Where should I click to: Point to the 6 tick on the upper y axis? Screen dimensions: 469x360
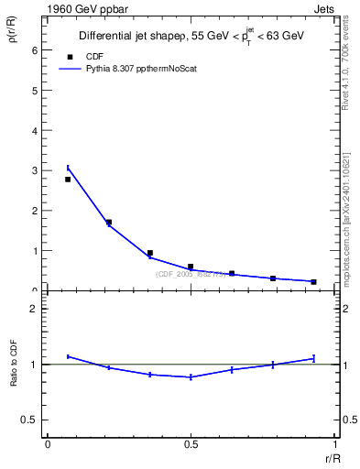coord(37,50)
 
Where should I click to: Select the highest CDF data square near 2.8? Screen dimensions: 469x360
coord(68,180)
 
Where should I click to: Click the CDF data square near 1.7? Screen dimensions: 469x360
coord(109,222)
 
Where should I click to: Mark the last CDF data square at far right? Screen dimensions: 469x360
coord(313,281)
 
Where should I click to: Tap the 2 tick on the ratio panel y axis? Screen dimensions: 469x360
coord(36,309)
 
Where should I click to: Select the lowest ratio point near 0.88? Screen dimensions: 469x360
coord(191,377)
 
